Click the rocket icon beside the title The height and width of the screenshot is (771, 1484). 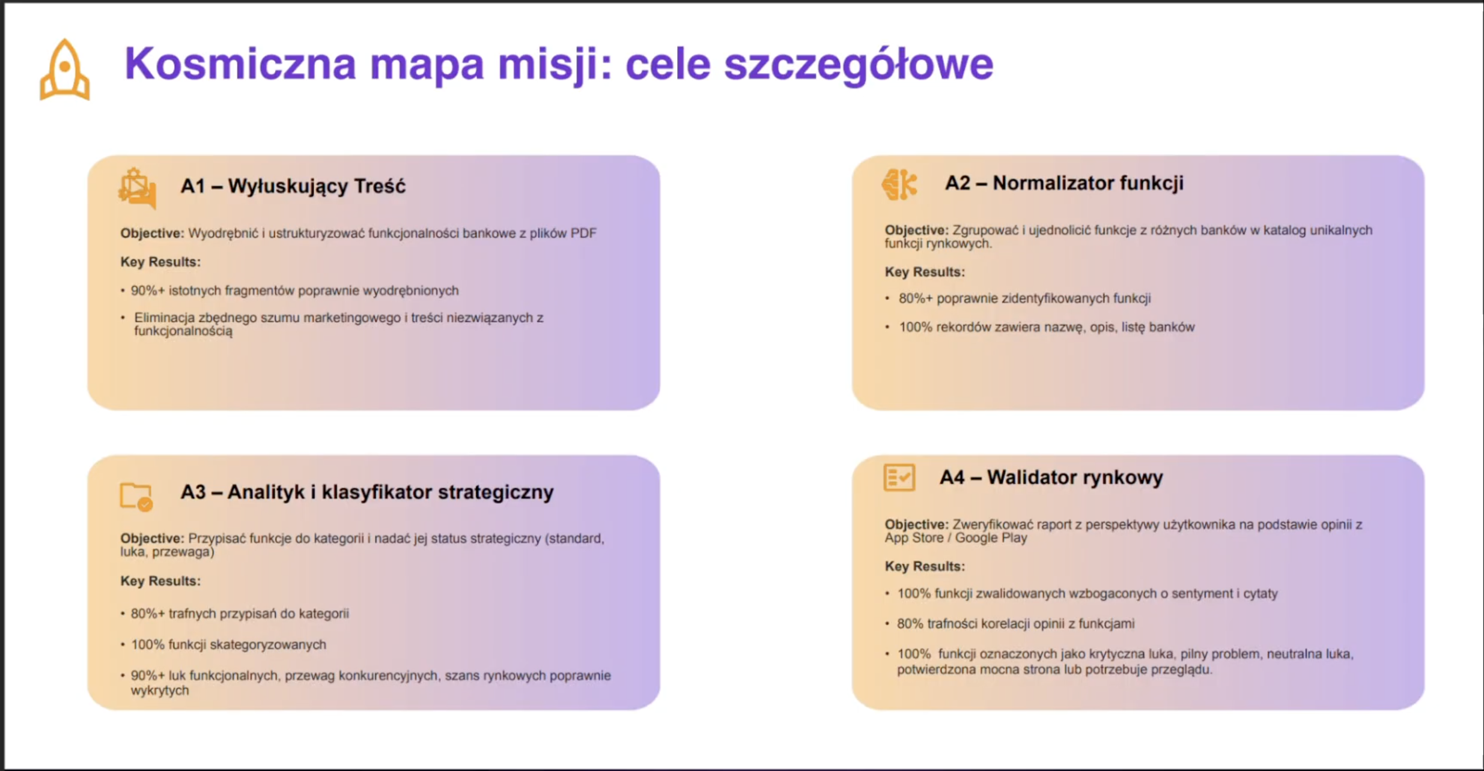click(x=65, y=70)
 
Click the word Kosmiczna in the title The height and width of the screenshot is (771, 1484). click(x=240, y=64)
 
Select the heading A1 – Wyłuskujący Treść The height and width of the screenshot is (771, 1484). click(x=293, y=186)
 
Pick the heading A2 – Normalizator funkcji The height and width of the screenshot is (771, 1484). click(x=1064, y=183)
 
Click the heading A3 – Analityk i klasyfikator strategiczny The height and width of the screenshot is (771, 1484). click(x=367, y=492)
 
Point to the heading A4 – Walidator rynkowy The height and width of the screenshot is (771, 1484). click(x=1051, y=477)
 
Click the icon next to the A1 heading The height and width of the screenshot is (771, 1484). click(x=137, y=189)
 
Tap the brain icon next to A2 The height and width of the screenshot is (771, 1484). click(x=899, y=184)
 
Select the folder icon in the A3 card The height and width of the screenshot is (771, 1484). click(x=136, y=497)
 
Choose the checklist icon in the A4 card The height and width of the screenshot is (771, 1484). click(x=899, y=478)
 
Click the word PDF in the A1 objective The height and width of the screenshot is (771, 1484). click(x=583, y=233)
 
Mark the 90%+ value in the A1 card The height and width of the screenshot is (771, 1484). click(x=148, y=291)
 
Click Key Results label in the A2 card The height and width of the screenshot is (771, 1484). click(x=925, y=272)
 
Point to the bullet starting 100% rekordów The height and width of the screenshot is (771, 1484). click(x=1047, y=327)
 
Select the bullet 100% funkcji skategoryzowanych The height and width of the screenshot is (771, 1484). click(x=229, y=645)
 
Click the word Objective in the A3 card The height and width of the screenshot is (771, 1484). click(x=152, y=539)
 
